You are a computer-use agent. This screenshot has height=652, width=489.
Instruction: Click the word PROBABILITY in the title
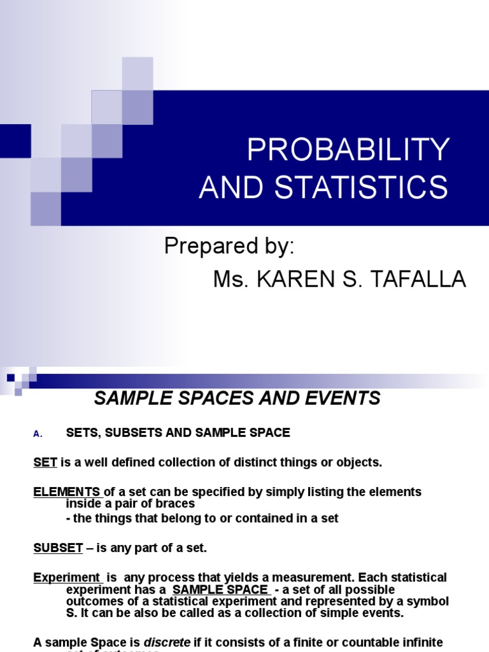(348, 150)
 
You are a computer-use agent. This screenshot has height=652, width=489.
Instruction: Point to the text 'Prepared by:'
(229, 246)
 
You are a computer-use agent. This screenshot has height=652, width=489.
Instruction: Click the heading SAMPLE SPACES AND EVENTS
(237, 399)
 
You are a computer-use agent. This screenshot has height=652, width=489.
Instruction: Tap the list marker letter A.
(37, 434)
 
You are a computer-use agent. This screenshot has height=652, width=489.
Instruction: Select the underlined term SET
(45, 462)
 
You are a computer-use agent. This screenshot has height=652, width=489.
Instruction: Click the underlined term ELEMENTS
(66, 492)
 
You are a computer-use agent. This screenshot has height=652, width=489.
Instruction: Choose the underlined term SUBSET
(58, 548)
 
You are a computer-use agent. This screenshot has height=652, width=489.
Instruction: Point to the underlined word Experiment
(66, 578)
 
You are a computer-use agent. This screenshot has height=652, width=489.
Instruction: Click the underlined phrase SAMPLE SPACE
(220, 590)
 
